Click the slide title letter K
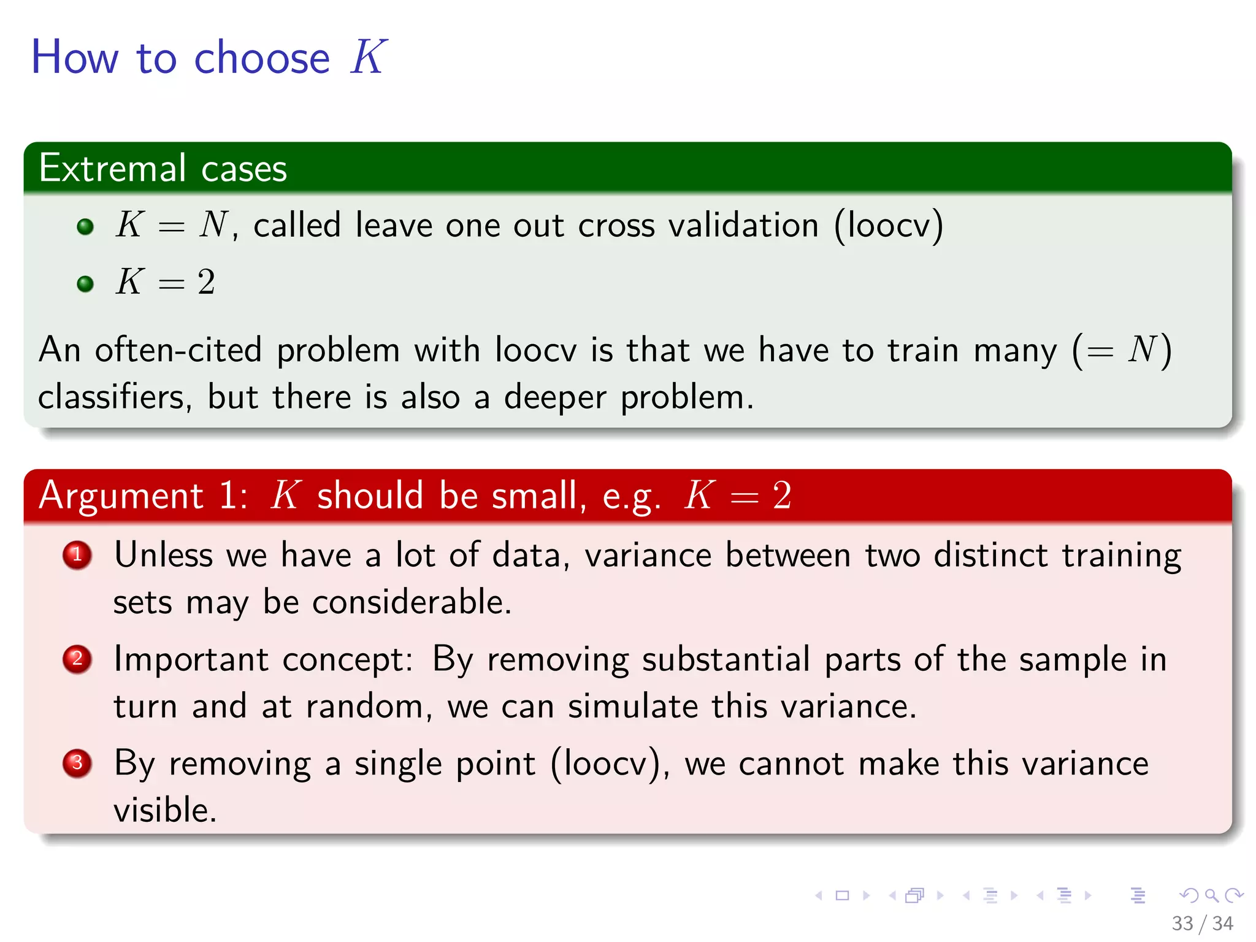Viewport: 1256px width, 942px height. pyautogui.click(x=368, y=57)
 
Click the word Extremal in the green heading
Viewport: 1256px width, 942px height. pyautogui.click(x=112, y=168)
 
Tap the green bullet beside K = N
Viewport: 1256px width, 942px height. pyautogui.click(x=85, y=227)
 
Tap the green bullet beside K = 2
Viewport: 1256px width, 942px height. pyautogui.click(x=85, y=284)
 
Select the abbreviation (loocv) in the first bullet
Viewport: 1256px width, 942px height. pyautogui.click(x=888, y=226)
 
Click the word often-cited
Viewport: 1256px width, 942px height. pyautogui.click(x=178, y=351)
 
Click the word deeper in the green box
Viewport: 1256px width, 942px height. pyautogui.click(x=554, y=397)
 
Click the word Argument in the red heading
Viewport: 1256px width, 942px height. pyautogui.click(x=121, y=496)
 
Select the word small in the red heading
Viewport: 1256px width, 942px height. pyautogui.click(x=538, y=496)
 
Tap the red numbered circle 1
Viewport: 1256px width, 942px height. pyautogui.click(x=77, y=555)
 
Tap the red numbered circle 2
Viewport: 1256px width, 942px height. pyautogui.click(x=77, y=659)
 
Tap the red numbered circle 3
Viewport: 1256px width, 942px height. pyautogui.click(x=77, y=764)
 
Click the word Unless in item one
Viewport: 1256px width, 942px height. pyautogui.click(x=164, y=555)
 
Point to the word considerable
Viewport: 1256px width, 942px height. pyautogui.click(x=411, y=602)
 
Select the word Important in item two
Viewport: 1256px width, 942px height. pyautogui.click(x=191, y=660)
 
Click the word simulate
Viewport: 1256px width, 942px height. pyautogui.click(x=632, y=706)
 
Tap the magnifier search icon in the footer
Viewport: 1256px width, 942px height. pyautogui.click(x=1211, y=896)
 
